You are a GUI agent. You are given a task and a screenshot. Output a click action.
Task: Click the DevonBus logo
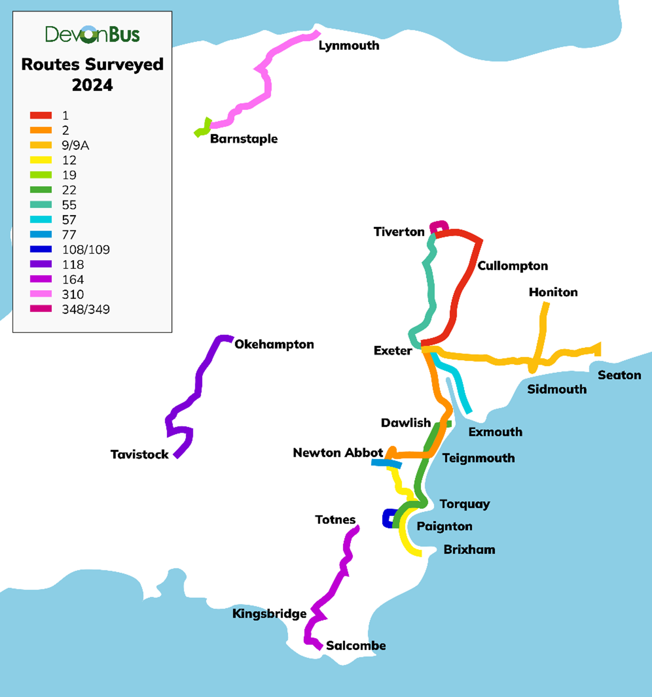point(92,35)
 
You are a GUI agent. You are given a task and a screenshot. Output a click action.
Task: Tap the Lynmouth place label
point(349,46)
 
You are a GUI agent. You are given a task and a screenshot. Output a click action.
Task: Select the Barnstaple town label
point(244,139)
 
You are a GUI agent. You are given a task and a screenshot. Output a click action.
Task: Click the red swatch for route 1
point(41,116)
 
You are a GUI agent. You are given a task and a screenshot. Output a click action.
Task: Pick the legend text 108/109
point(86,250)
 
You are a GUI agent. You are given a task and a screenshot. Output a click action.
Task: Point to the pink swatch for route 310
point(41,294)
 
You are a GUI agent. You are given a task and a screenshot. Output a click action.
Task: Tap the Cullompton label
point(512,266)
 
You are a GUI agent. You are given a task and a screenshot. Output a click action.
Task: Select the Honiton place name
point(553,292)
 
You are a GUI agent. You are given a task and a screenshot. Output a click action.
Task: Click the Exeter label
point(392,351)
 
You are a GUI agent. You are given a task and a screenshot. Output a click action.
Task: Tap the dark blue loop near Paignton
point(388,518)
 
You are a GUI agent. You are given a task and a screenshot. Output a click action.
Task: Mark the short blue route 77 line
point(386,464)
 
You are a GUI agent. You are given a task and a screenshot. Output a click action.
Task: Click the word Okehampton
point(274,344)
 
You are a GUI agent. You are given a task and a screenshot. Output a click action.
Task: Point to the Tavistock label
point(139,454)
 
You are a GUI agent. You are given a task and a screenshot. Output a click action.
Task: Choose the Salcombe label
point(356,646)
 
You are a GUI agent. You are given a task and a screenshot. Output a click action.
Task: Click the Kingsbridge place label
point(269,613)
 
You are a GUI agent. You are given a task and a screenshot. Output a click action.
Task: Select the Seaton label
point(619,375)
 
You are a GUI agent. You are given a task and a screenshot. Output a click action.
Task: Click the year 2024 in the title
point(92,85)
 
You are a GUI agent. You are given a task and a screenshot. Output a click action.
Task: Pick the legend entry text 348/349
point(86,309)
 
